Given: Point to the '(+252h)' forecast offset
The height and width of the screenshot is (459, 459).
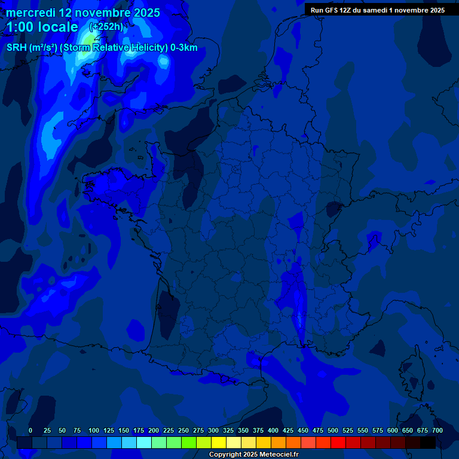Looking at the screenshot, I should coord(106,26).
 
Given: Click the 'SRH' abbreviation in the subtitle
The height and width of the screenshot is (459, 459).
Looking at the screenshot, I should coord(17,48).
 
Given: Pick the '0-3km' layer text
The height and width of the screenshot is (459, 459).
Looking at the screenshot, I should coord(184,48).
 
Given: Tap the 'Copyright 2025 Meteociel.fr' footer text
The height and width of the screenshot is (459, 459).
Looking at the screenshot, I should coord(253,454).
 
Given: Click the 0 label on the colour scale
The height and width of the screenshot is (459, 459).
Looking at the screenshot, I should coord(30,430).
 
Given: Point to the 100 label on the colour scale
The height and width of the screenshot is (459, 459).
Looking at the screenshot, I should coord(94,430).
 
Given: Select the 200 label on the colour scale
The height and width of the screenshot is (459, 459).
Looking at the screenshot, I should coord(154,430).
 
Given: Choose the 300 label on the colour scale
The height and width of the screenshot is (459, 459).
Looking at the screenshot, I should coord(213,430).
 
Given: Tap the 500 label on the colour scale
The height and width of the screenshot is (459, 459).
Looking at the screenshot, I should coord(333,430).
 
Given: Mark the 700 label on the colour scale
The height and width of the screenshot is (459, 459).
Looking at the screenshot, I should coord(437,430).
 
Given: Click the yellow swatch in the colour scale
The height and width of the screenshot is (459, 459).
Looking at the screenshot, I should coord(219,442).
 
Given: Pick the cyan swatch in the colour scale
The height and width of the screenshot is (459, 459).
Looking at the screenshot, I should coord(144,442).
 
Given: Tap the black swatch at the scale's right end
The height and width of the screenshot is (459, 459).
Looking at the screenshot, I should coord(428,442).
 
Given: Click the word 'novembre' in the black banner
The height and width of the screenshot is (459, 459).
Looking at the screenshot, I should coord(408,10).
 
